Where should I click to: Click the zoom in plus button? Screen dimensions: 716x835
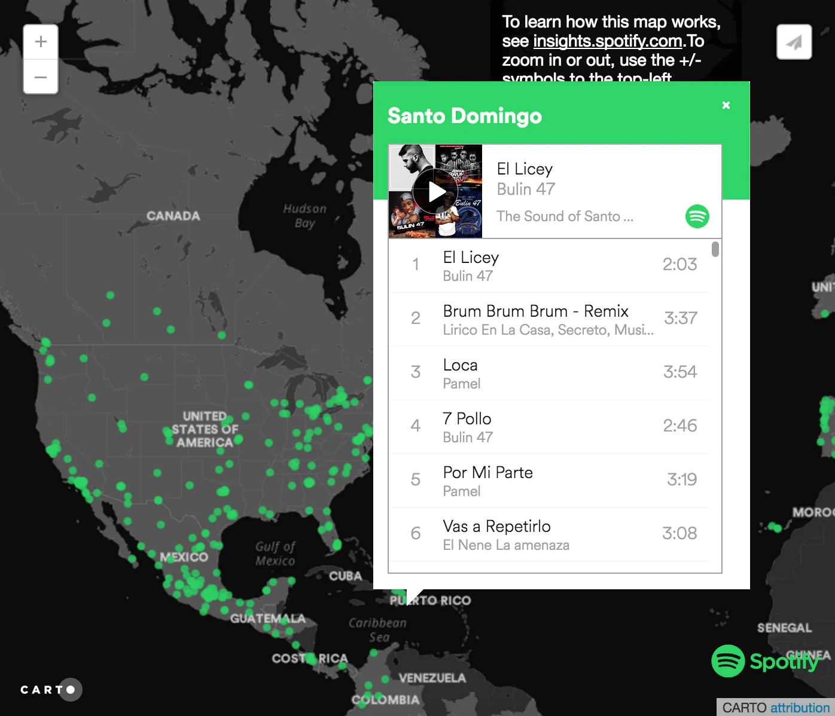(x=41, y=42)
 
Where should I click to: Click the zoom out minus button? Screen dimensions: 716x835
(x=41, y=77)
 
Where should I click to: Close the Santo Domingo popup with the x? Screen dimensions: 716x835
(x=726, y=105)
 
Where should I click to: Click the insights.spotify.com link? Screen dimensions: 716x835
(x=607, y=41)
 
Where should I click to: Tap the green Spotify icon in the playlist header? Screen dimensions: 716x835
(x=697, y=216)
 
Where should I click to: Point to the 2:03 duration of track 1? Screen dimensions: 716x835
(x=679, y=264)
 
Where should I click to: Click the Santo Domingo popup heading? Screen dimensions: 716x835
(x=464, y=115)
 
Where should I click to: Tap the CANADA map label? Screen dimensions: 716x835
(x=173, y=216)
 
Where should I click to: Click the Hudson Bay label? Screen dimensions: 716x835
(x=304, y=216)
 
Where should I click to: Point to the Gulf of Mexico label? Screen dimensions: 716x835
(x=275, y=553)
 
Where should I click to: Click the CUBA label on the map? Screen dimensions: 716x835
(x=346, y=576)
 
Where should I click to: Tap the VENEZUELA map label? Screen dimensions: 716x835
(x=432, y=678)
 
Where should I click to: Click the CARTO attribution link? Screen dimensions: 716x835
(x=800, y=708)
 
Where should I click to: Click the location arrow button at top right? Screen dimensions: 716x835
(x=794, y=42)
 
